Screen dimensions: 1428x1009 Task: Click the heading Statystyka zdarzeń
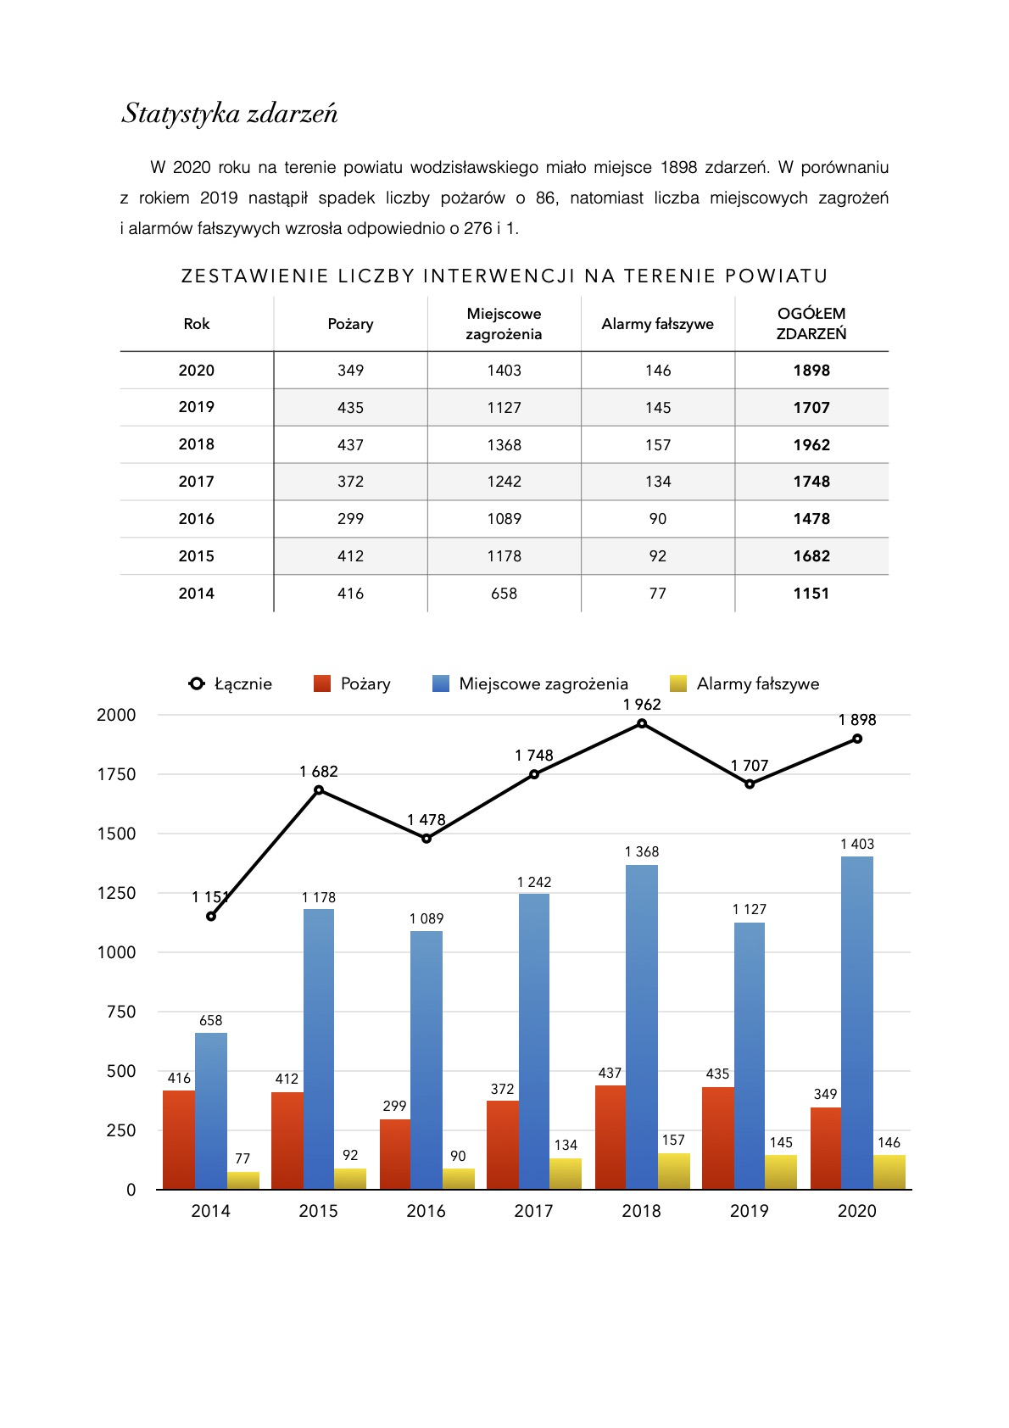(x=230, y=114)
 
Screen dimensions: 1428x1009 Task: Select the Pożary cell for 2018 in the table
(x=350, y=444)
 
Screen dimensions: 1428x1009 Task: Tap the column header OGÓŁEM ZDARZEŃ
(x=811, y=324)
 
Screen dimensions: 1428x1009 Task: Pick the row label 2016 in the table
(x=196, y=519)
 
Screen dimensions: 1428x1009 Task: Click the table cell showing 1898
(x=811, y=371)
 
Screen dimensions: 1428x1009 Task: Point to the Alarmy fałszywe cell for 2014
(x=657, y=594)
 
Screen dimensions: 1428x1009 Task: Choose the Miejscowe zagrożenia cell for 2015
(x=504, y=556)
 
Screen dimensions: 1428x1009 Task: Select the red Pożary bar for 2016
(x=395, y=1153)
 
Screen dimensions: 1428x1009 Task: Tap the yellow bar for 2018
(x=673, y=1171)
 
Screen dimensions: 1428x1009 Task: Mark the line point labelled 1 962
(x=642, y=723)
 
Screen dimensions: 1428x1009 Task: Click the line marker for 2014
(x=211, y=916)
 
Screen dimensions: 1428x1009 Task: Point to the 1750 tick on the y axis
(x=116, y=774)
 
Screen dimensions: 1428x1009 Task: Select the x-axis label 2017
(x=533, y=1211)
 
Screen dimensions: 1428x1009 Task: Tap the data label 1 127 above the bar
(x=749, y=909)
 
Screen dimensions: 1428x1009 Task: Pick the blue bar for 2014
(x=211, y=1111)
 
